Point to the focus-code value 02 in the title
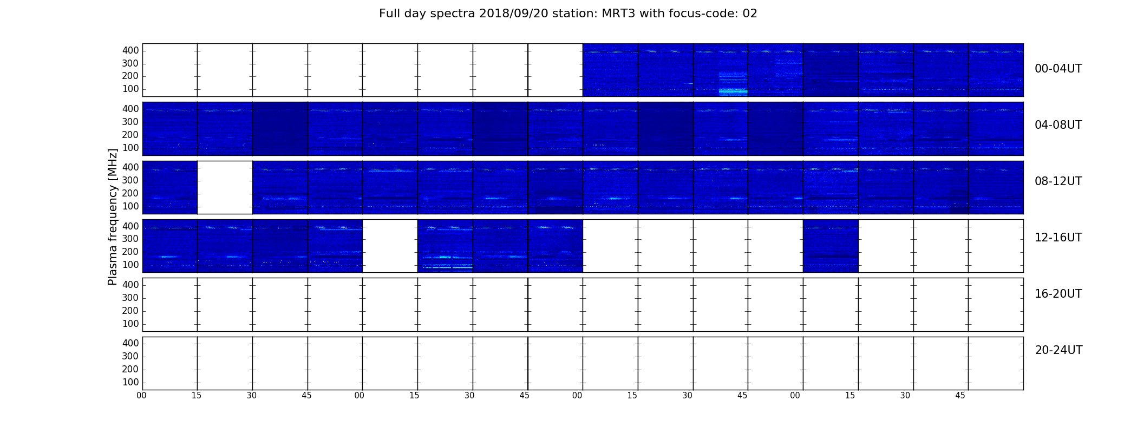click(x=750, y=14)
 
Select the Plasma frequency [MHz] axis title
click(x=113, y=216)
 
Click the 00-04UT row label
click(x=1058, y=69)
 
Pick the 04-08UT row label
click(x=1058, y=125)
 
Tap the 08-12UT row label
click(x=1058, y=181)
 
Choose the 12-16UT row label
click(x=1058, y=238)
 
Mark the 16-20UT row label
click(x=1058, y=294)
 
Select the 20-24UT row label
click(x=1058, y=350)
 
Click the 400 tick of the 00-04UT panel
click(x=130, y=50)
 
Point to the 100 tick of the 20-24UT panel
click(x=130, y=382)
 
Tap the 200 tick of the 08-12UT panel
click(x=130, y=193)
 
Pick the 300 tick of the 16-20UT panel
click(x=130, y=298)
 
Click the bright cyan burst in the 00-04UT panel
click(x=733, y=91)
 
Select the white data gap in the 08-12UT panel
click(x=225, y=187)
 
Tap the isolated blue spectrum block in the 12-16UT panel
click(x=831, y=246)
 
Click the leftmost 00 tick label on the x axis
click(x=141, y=396)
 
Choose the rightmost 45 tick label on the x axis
click(x=960, y=396)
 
